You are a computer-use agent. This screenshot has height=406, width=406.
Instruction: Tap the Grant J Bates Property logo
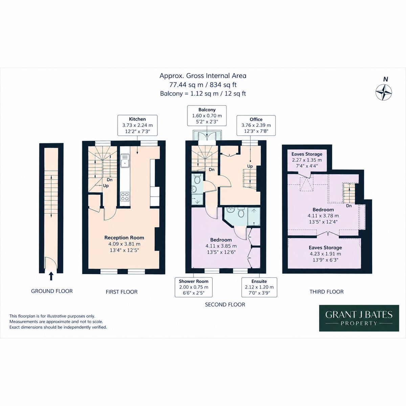pyautogui.click(x=359, y=318)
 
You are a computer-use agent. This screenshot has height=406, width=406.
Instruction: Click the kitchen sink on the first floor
pyautogui.click(x=125, y=161)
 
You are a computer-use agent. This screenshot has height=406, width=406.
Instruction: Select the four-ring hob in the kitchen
pyautogui.click(x=125, y=196)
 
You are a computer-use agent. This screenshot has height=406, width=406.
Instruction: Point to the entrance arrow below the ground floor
pyautogui.click(x=51, y=276)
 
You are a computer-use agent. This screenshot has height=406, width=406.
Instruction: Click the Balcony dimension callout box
pyautogui.click(x=207, y=115)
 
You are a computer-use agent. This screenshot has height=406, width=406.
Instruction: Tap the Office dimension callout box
pyautogui.click(x=256, y=125)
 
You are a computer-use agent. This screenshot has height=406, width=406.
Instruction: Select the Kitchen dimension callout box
pyautogui.click(x=137, y=125)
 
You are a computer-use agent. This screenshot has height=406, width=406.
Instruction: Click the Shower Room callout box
pyautogui.click(x=194, y=287)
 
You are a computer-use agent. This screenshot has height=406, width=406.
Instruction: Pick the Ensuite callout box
pyautogui.click(x=259, y=287)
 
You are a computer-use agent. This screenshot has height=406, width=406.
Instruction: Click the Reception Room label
pyautogui.click(x=124, y=238)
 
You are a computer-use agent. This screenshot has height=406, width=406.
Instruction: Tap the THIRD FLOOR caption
pyautogui.click(x=326, y=292)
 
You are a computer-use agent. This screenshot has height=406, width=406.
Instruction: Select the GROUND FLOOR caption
pyautogui.click(x=52, y=291)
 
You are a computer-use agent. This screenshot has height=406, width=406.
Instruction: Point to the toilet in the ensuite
pyautogui.click(x=241, y=212)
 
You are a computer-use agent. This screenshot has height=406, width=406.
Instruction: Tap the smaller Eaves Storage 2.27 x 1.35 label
pyautogui.click(x=307, y=160)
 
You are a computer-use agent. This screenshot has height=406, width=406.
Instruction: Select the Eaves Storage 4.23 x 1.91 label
pyautogui.click(x=325, y=254)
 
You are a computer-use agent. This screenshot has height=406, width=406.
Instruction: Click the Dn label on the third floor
pyautogui.click(x=349, y=206)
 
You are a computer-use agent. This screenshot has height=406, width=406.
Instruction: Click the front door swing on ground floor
pyautogui.click(x=51, y=263)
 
